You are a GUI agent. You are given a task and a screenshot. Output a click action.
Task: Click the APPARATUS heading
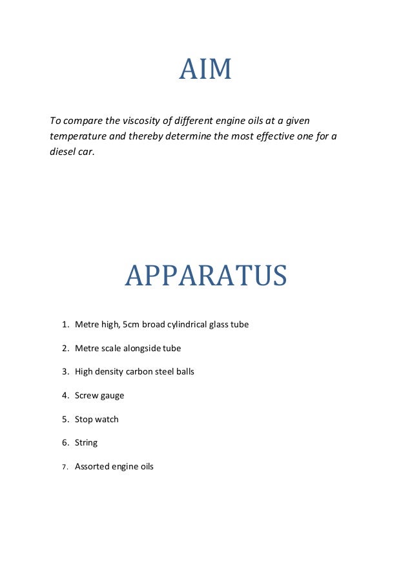click(x=205, y=276)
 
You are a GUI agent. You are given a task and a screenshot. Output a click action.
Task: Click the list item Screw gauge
click(x=99, y=396)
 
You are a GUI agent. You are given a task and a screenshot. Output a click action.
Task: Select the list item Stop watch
click(x=96, y=419)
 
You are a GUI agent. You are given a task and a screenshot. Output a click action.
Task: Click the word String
click(x=86, y=443)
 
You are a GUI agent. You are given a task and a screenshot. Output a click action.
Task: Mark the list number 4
click(x=65, y=396)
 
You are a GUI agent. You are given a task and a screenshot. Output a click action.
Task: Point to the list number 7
click(x=65, y=467)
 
